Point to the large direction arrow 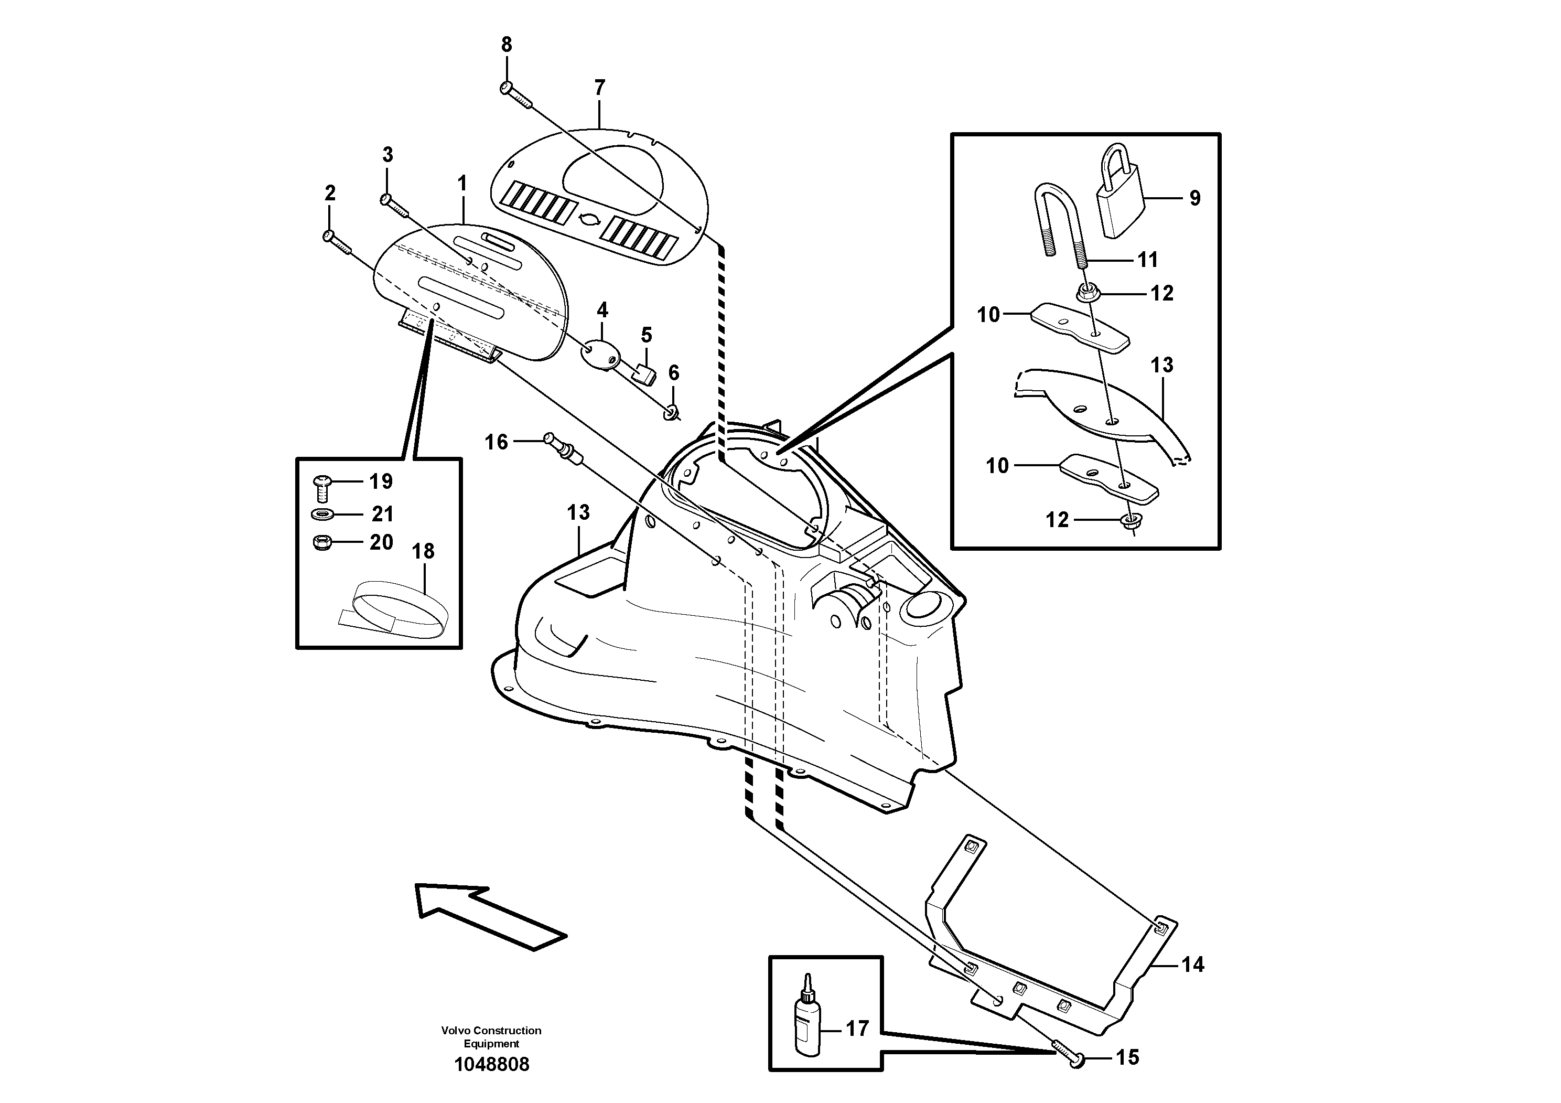pyautogui.click(x=490, y=915)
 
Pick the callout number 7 pyautogui.click(x=599, y=88)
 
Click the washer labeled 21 pyautogui.click(x=321, y=513)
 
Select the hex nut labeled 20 pyautogui.click(x=321, y=542)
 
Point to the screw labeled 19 pyautogui.click(x=321, y=486)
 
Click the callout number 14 pyautogui.click(x=1192, y=965)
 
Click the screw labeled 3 pyautogui.click(x=394, y=206)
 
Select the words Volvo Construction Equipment pyautogui.click(x=491, y=1037)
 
